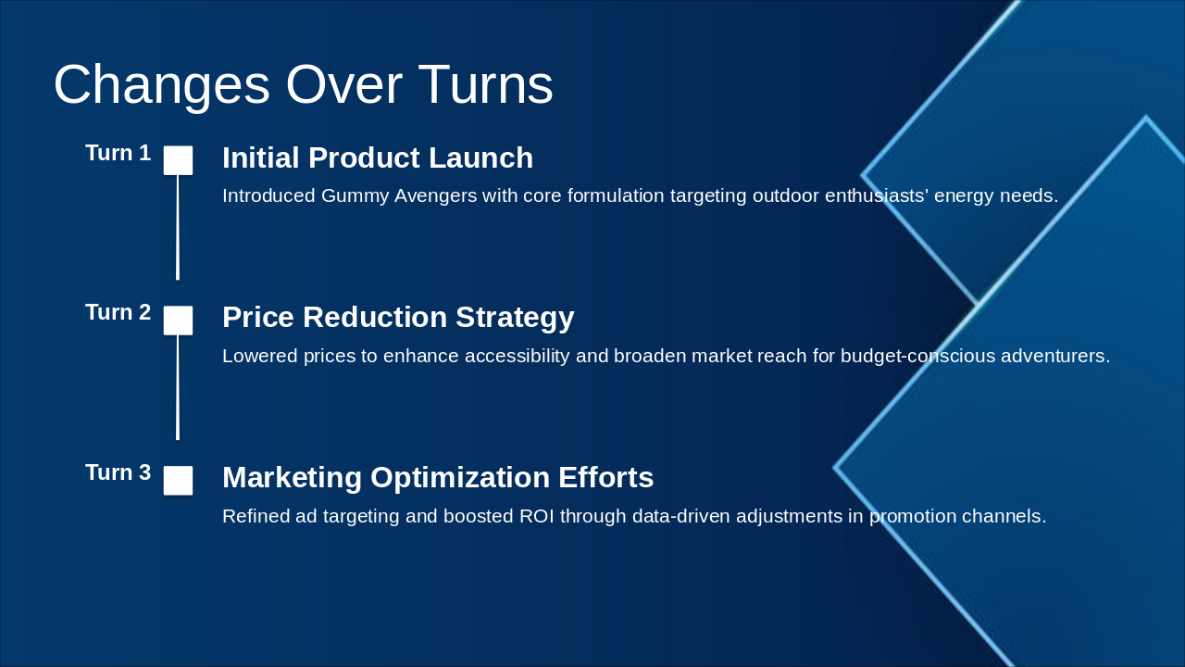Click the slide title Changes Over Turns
coord(303,85)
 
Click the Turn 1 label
coord(118,154)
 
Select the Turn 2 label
coord(118,313)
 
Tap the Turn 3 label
coord(118,473)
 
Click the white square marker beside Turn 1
coord(178,160)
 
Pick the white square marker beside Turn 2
coord(178,321)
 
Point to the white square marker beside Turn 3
coord(178,481)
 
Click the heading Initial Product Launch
coord(377,158)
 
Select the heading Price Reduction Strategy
coord(398,318)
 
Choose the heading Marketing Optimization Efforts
coord(438,478)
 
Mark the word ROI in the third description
coord(537,517)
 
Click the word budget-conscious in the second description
coord(917,357)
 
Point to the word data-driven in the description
coord(680,517)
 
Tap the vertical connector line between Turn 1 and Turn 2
coord(178,227)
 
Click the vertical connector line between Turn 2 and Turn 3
coord(178,387)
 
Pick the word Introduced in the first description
coord(269,196)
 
